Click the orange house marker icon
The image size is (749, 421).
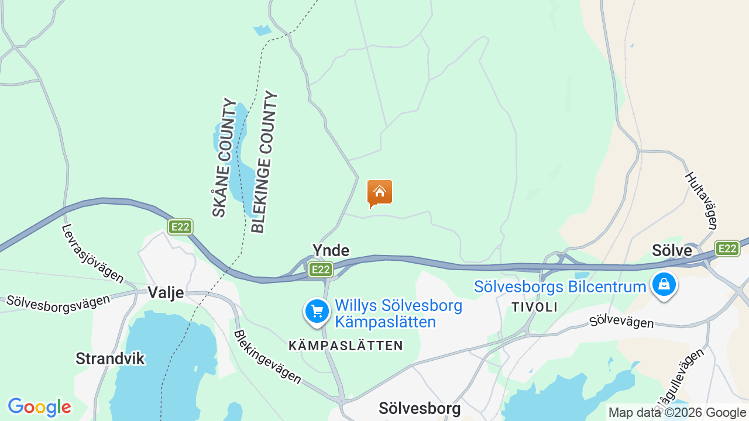(x=379, y=193)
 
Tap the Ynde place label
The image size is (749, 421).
(x=331, y=251)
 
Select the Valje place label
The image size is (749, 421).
(x=166, y=292)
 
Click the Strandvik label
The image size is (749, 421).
(x=110, y=358)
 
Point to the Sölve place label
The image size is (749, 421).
(x=672, y=251)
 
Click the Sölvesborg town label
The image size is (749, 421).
(x=420, y=408)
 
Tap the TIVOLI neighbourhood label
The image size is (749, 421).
(x=534, y=307)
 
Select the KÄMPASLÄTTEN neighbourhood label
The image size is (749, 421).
(x=346, y=346)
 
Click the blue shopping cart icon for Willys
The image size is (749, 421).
(x=317, y=311)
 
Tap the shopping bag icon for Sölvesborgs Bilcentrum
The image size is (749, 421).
(x=664, y=285)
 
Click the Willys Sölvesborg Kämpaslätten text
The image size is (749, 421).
(x=398, y=314)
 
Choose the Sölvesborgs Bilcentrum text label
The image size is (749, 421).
(x=560, y=287)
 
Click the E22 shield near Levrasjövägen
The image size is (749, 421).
(x=180, y=227)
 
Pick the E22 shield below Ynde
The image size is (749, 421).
(x=321, y=270)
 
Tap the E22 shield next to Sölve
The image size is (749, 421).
(x=727, y=249)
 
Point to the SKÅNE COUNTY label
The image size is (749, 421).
(x=223, y=158)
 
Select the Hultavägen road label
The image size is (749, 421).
(x=701, y=201)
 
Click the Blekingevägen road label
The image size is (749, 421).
(x=267, y=357)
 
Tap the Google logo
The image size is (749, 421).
(x=39, y=407)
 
